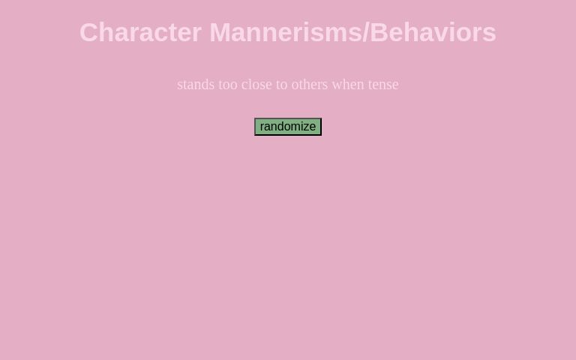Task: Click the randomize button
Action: [x=288, y=127]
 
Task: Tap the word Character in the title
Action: [x=140, y=32]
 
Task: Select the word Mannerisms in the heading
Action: [x=285, y=32]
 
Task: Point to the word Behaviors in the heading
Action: [x=433, y=32]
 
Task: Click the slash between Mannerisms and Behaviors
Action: [x=366, y=32]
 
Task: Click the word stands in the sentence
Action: [x=196, y=85]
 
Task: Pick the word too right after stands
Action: [x=228, y=85]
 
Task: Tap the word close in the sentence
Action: [x=256, y=85]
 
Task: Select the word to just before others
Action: [x=282, y=85]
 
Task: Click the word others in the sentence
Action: [x=310, y=85]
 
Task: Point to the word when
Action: [x=348, y=85]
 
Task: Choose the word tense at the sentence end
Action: [x=383, y=85]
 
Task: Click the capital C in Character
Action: [x=90, y=32]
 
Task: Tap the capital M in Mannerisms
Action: [x=220, y=32]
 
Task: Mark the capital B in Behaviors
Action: [x=379, y=32]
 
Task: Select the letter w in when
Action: [x=337, y=85]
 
